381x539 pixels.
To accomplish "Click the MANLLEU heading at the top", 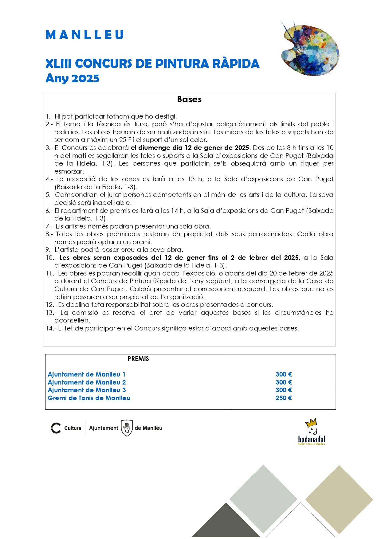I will pos(84,35).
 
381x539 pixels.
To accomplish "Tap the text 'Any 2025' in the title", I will pos(73,78).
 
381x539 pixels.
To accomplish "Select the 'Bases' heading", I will pos(189,100).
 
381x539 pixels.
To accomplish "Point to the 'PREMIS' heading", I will pos(138,359).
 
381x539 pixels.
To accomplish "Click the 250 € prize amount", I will pos(284,398).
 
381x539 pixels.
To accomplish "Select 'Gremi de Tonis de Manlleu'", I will pos(89,398).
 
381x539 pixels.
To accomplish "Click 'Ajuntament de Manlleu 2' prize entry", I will pos(87,382).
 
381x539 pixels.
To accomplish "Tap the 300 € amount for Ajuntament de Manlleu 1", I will pos(284,374).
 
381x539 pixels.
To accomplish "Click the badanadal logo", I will pos(312,432).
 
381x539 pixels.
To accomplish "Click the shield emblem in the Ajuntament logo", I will pos(126,428).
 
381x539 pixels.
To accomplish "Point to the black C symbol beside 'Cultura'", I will pos(56,428).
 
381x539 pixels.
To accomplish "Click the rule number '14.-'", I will pos(51,328).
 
